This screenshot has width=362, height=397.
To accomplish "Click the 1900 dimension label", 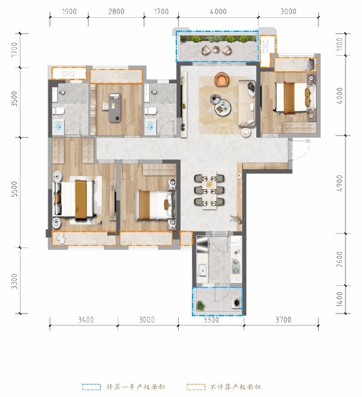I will (x=69, y=12).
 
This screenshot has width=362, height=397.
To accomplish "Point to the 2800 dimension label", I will (x=116, y=12).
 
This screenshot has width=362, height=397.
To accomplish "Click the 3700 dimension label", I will (x=283, y=320).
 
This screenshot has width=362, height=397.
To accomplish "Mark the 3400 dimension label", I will (x=85, y=320).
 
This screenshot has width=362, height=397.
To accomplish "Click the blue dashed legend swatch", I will (x=90, y=386).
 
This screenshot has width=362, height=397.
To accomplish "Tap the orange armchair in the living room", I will (x=221, y=79).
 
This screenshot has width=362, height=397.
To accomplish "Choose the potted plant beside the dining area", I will (x=233, y=218).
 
